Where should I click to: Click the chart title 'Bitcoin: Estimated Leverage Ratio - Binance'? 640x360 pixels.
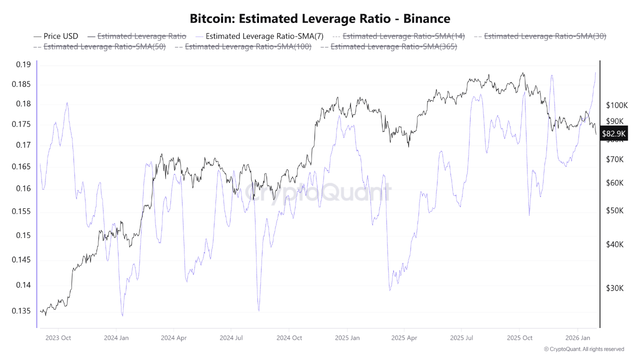point(320,18)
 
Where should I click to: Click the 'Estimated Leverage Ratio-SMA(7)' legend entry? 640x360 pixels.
point(264,36)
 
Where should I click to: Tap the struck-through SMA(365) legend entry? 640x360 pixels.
point(393,46)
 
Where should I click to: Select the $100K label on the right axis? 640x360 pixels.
point(616,105)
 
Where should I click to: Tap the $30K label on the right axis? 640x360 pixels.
point(614,288)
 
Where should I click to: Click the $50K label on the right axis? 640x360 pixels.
point(614,210)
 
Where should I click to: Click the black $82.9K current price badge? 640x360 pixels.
point(613,133)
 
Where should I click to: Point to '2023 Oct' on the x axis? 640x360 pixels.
point(58,338)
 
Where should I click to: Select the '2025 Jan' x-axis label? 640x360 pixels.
point(347,338)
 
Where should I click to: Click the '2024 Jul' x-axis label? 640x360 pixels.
point(232,338)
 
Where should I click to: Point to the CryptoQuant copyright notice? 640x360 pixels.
point(583,349)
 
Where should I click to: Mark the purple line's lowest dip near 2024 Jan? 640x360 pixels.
point(122,315)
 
